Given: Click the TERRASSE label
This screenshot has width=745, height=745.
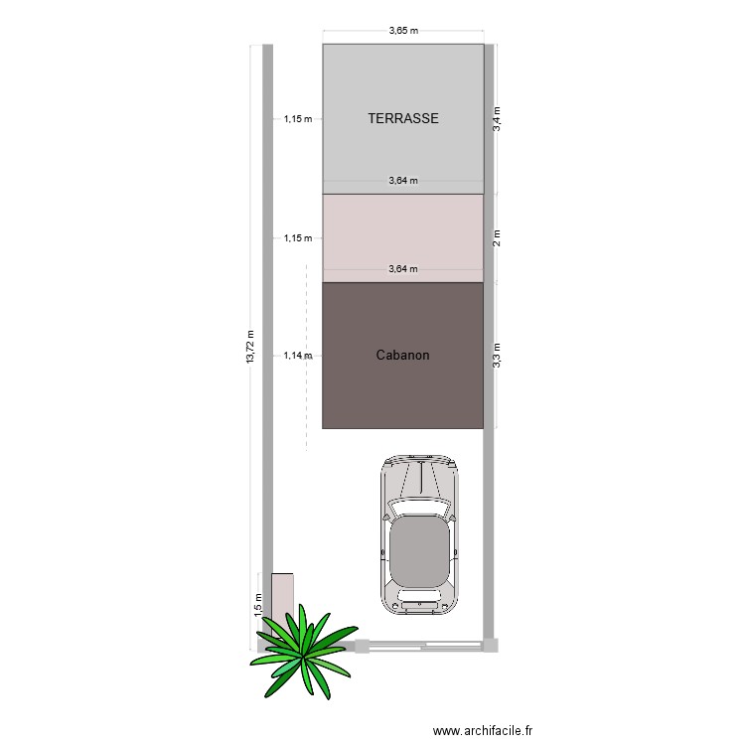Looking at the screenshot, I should tap(402, 118).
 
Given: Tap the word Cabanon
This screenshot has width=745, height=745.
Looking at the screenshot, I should tap(402, 355).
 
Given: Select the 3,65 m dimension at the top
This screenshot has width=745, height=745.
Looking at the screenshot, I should tap(402, 31).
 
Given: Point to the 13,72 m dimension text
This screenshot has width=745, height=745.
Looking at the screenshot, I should tap(250, 347).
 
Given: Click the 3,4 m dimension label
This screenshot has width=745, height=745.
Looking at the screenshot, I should tap(499, 118).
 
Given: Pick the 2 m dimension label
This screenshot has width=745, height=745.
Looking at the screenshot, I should tap(499, 238).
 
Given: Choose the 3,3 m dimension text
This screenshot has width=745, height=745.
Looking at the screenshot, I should tap(499, 355).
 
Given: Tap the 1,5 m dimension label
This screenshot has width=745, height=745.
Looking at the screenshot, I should tap(257, 603).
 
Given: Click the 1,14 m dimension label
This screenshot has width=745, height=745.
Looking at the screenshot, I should tap(298, 355).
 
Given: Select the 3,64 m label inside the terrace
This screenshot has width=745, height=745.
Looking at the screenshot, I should tap(402, 181).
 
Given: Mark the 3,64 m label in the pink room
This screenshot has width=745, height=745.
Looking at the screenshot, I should tap(402, 269).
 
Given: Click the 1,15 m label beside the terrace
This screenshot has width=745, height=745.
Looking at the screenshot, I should tap(298, 119).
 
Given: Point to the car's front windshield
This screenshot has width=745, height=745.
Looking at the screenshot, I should tap(418, 509).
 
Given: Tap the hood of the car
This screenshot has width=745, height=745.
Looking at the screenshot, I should tap(418, 477).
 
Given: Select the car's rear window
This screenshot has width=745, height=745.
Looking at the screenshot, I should tap(418, 596).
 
